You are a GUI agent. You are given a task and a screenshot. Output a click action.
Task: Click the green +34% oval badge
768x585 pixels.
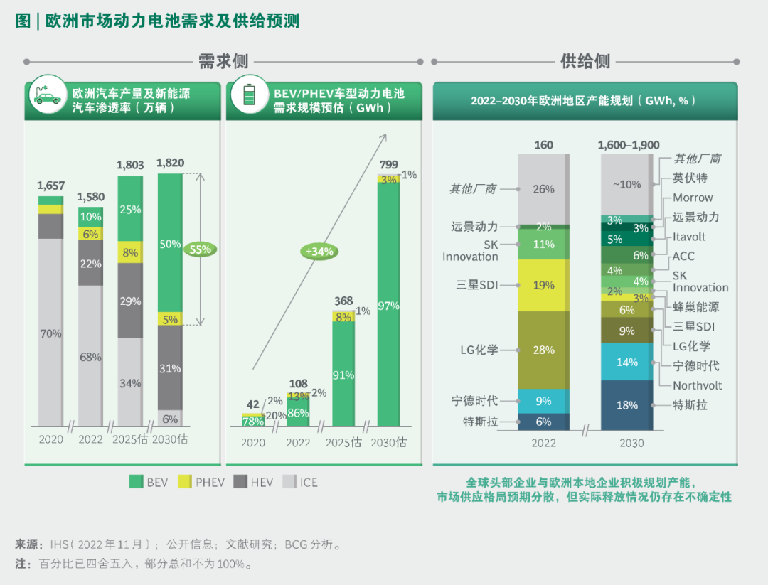click(319, 251)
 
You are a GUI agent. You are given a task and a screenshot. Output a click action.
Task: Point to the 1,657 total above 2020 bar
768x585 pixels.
click(50, 186)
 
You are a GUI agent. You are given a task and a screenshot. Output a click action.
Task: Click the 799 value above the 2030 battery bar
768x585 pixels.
click(389, 165)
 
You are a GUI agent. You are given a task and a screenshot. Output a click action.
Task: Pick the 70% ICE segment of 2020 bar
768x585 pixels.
click(50, 333)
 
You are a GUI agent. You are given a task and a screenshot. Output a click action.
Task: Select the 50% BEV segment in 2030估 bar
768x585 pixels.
click(170, 244)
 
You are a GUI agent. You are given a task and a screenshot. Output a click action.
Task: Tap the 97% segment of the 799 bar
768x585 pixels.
click(389, 306)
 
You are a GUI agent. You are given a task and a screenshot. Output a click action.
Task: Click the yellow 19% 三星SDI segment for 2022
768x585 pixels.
click(544, 285)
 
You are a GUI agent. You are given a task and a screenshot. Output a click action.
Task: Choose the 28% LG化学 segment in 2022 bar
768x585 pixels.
click(544, 350)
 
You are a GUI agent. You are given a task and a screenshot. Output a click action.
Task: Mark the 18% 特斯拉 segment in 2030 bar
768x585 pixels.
click(627, 405)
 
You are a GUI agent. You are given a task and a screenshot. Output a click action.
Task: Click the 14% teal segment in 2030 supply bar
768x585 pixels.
click(627, 362)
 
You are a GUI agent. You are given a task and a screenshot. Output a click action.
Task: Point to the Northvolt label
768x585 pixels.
click(697, 385)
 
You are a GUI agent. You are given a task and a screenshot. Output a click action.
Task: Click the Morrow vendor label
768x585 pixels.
click(693, 198)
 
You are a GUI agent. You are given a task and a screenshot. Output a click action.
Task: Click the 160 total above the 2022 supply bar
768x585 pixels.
click(544, 145)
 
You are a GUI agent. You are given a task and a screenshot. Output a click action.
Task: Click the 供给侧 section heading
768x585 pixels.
click(585, 62)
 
